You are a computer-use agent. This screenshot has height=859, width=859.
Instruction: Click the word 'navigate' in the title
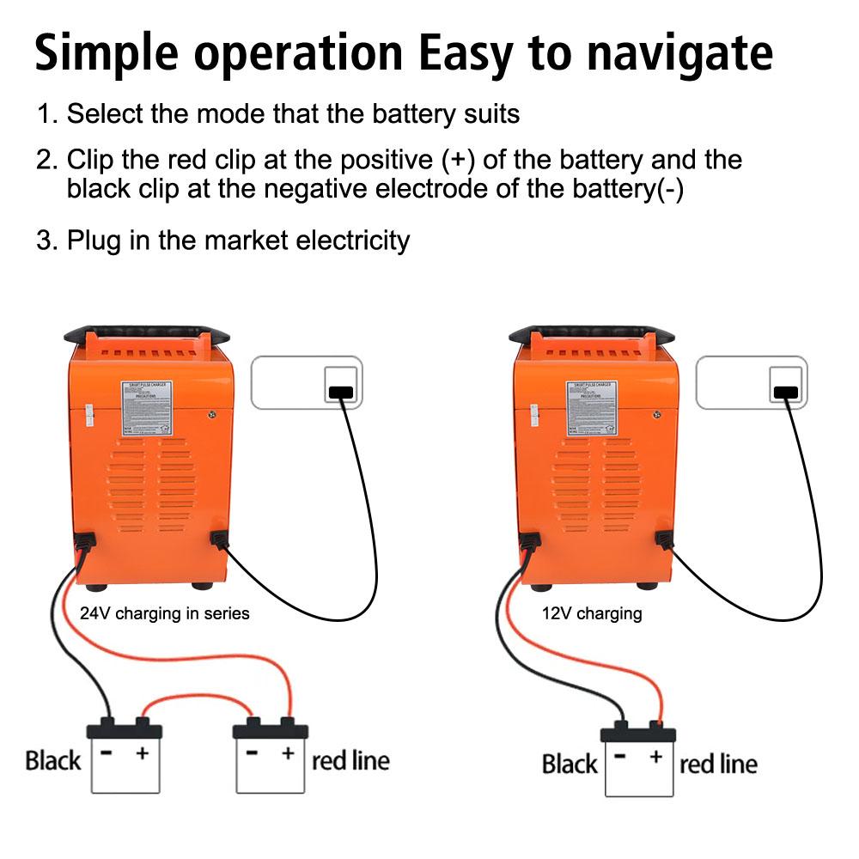pyautogui.click(x=679, y=53)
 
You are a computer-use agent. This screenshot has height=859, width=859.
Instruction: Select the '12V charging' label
pyautogui.click(x=592, y=613)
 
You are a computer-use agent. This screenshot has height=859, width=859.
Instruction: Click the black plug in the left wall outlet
pyautogui.click(x=341, y=393)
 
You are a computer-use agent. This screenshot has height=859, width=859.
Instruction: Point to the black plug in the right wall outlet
pyautogui.click(x=784, y=393)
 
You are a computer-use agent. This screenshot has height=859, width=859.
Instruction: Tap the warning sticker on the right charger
pyautogui.click(x=592, y=409)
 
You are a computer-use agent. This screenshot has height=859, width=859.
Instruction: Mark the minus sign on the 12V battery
pyautogui.click(x=620, y=757)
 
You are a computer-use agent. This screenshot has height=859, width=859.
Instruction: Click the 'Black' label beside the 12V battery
pyautogui.click(x=569, y=764)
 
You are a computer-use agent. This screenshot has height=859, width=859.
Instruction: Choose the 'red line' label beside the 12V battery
pyautogui.click(x=718, y=764)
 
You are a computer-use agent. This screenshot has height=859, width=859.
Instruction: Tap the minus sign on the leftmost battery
pyautogui.click(x=107, y=752)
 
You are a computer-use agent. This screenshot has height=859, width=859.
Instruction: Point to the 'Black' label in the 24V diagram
pyautogui.click(x=52, y=760)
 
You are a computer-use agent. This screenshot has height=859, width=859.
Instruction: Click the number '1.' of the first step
pyautogui.click(x=48, y=114)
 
